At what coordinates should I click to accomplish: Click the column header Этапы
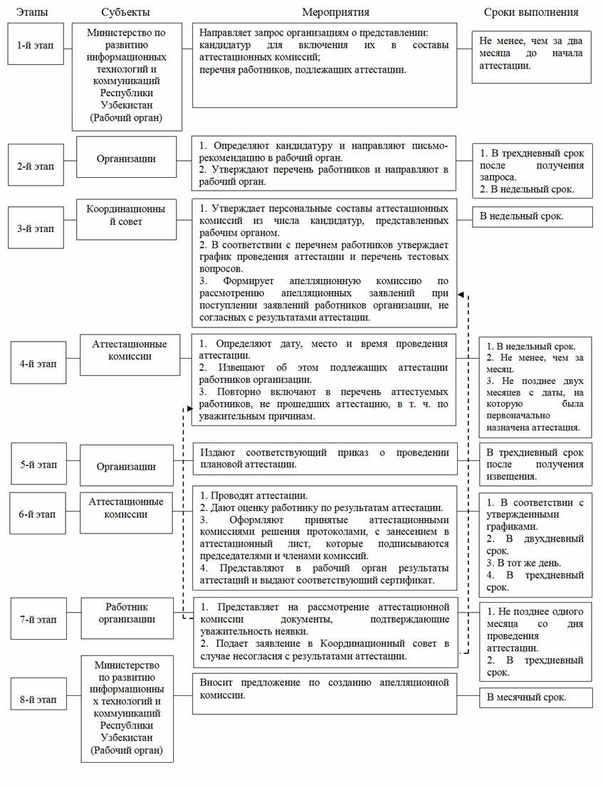(32, 12)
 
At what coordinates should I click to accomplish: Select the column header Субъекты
(125, 12)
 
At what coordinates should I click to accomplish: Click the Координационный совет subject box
(126, 216)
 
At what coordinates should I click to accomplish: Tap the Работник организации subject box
(127, 613)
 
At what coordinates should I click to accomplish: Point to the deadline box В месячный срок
(535, 697)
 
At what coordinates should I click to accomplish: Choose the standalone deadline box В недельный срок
(531, 216)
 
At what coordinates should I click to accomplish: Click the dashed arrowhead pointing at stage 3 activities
(461, 295)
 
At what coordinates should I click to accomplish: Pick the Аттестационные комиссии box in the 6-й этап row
(126, 508)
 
